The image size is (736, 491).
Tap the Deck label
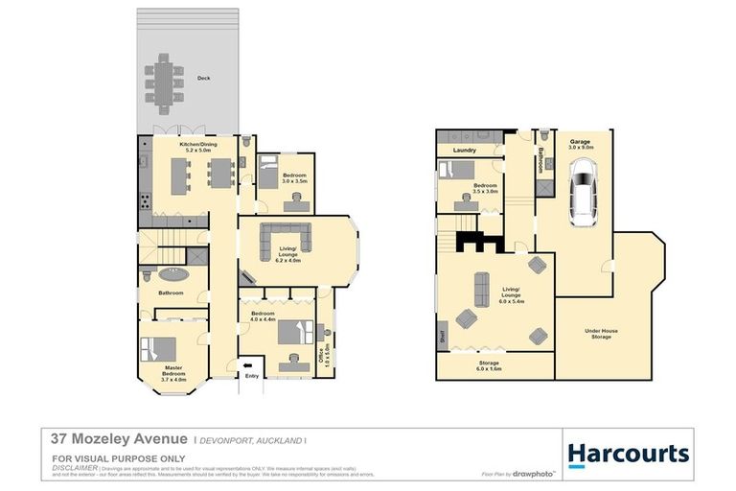(203, 79)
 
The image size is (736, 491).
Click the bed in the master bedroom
(158, 347)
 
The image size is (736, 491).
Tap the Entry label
(252, 376)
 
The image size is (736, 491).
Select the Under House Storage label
(602, 334)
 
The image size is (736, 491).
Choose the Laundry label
(465, 150)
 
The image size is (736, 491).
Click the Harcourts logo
(629, 454)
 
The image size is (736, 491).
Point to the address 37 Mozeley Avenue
(105, 439)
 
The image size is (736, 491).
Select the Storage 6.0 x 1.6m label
(488, 365)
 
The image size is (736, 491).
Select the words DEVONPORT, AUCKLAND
(250, 440)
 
